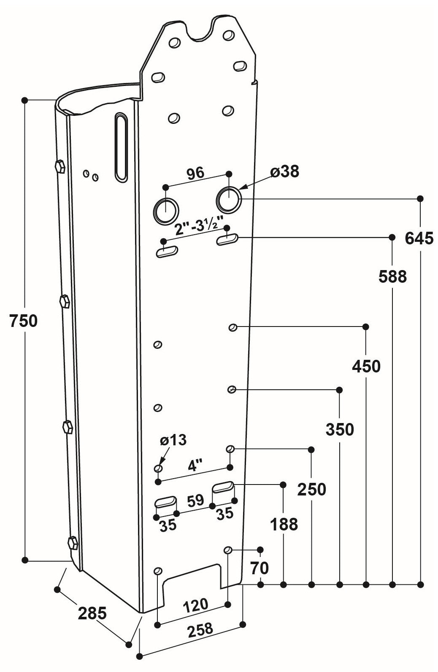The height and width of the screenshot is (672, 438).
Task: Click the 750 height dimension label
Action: click(x=24, y=321)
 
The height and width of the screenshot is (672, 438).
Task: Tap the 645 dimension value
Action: click(x=419, y=238)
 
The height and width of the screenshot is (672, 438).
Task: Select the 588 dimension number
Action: click(x=392, y=277)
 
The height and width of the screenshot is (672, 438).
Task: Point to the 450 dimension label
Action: click(x=366, y=367)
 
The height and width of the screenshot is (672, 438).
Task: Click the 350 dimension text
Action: click(x=340, y=430)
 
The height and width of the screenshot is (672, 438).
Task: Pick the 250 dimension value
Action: click(x=312, y=490)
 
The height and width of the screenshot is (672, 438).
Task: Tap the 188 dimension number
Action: click(x=284, y=525)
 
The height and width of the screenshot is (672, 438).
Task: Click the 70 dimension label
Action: click(x=259, y=568)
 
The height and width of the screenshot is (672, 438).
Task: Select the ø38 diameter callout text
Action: click(x=284, y=171)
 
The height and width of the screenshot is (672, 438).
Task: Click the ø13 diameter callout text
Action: click(x=173, y=440)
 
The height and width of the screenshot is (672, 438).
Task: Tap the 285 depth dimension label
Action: click(x=92, y=613)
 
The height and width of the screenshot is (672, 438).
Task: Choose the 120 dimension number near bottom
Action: click(x=195, y=605)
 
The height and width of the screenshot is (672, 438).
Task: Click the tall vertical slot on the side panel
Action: click(x=121, y=147)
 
